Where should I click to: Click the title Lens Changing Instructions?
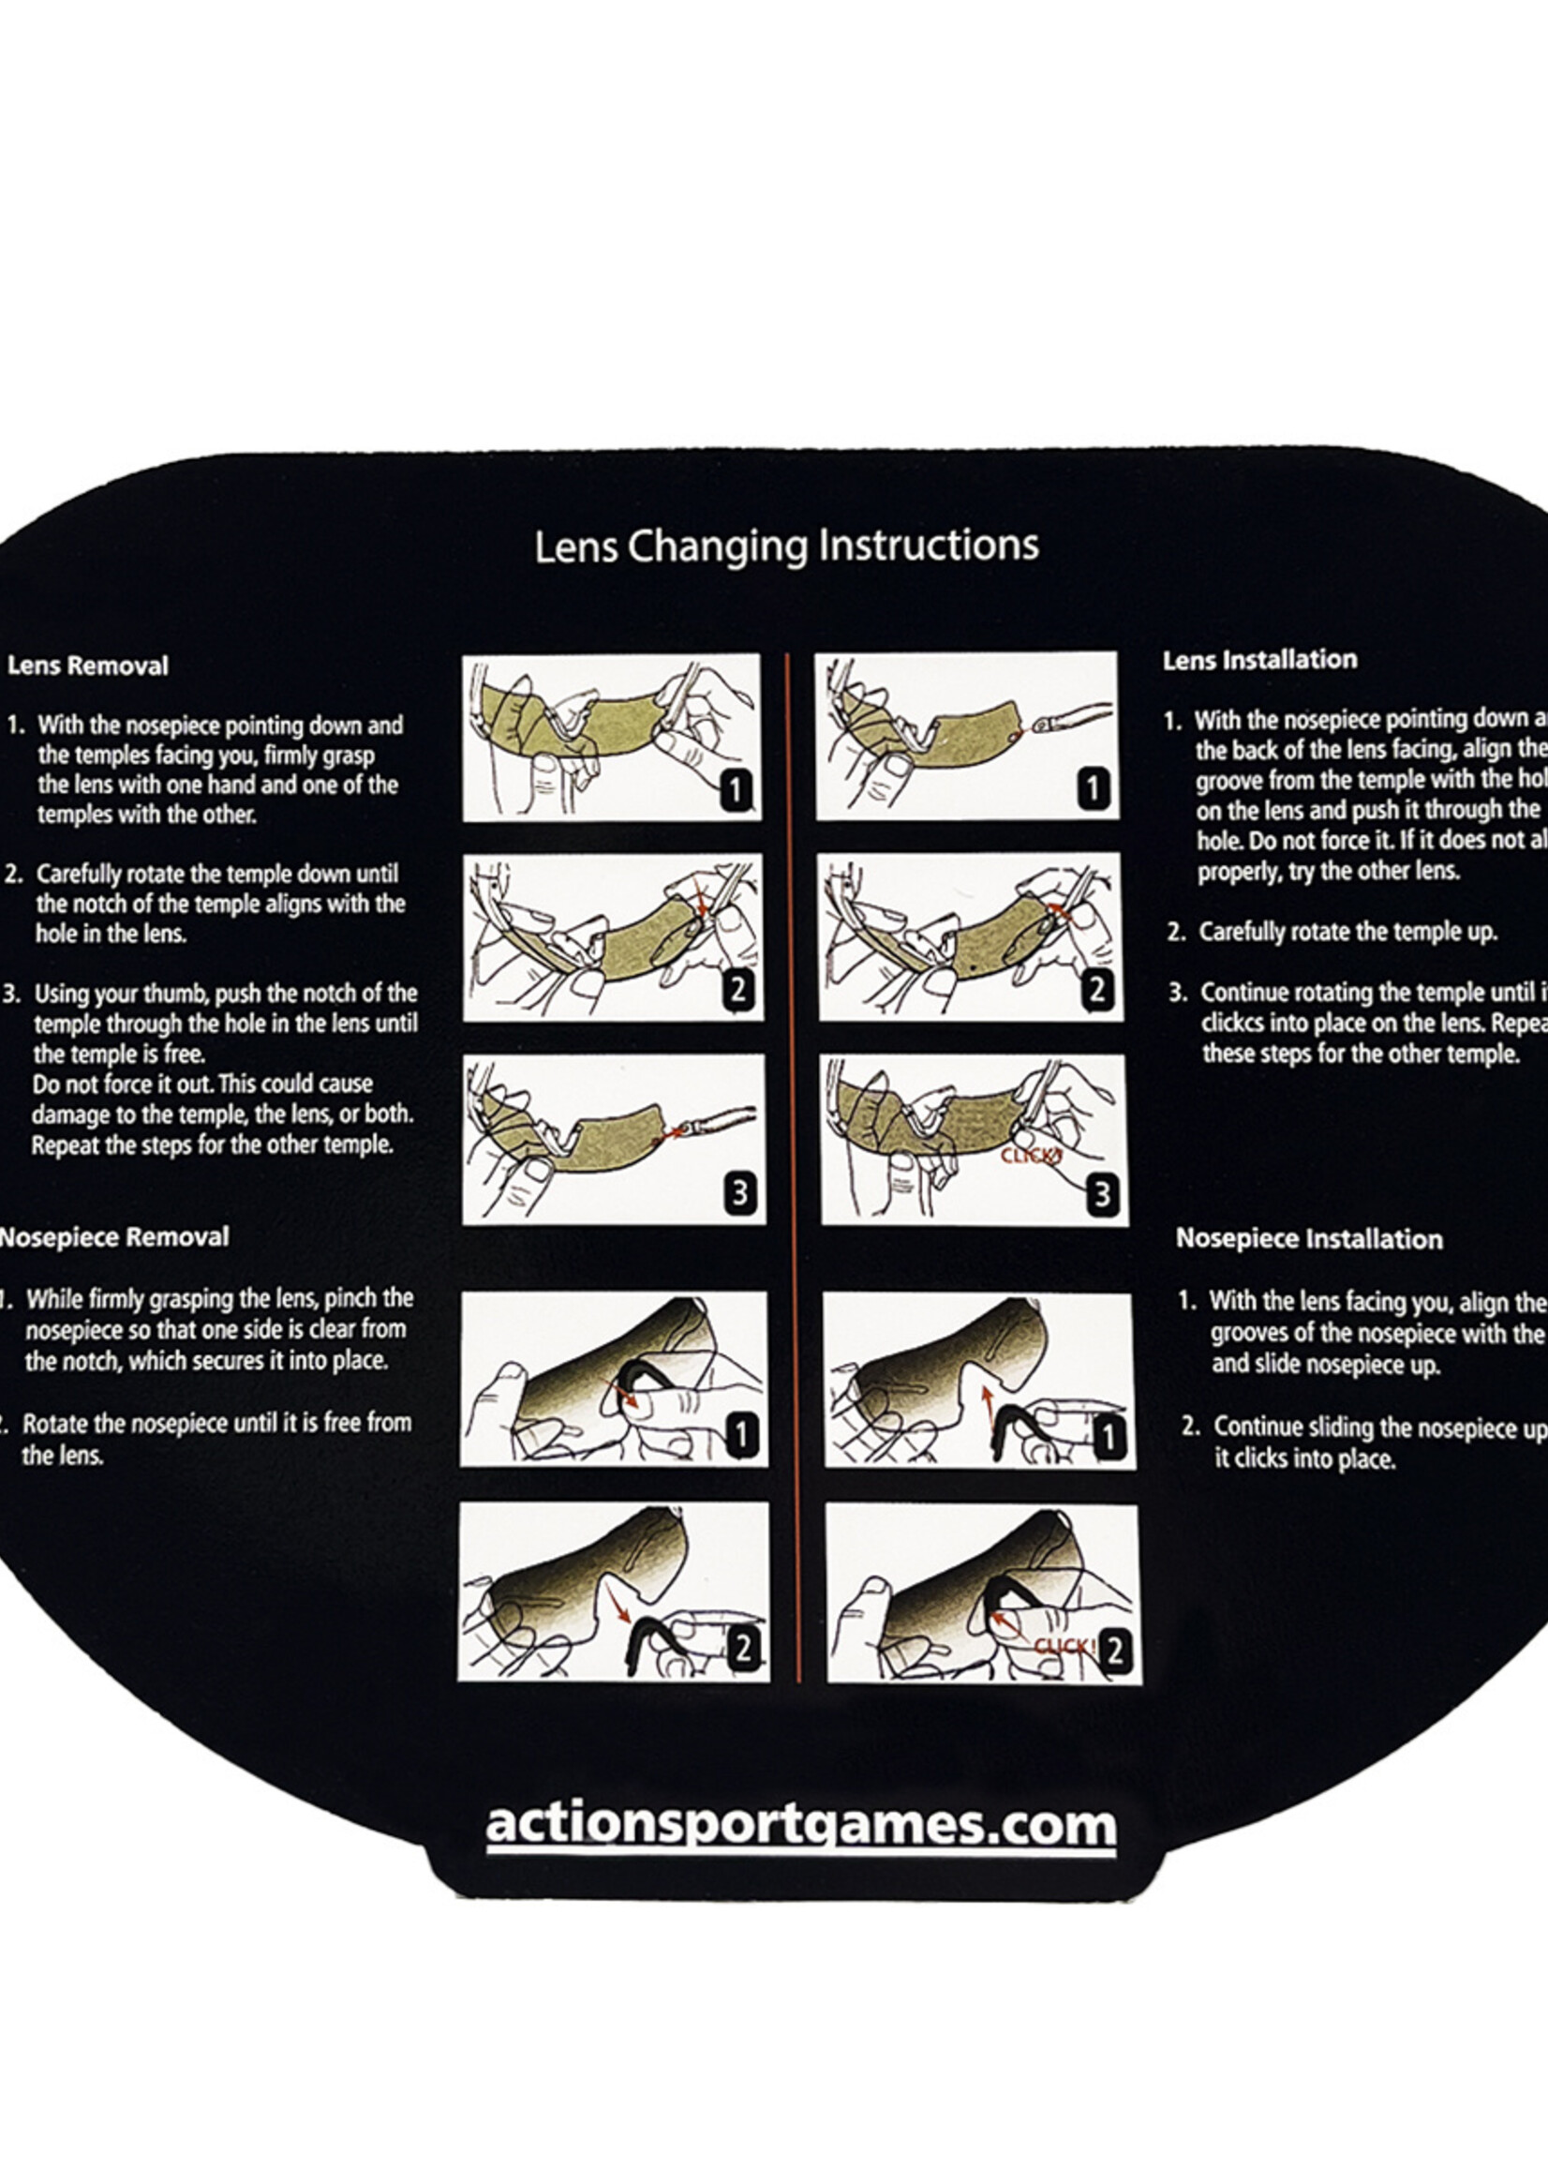785,546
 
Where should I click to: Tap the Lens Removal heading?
88,665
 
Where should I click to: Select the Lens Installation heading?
1259,660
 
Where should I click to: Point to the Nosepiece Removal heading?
114,1236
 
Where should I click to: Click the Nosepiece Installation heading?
1309,1238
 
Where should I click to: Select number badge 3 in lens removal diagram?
739,1192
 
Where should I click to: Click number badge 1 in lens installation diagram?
1093,788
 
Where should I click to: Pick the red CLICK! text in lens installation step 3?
1031,1157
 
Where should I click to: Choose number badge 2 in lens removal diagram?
737,990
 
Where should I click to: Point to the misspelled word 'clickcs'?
1234,1023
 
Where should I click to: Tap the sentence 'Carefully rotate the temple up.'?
1347,932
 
